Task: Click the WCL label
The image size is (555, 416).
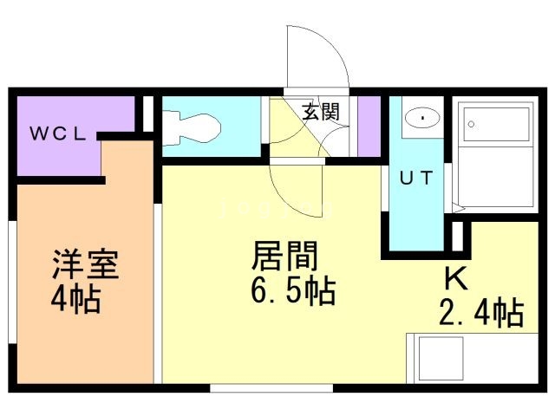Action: [58, 133]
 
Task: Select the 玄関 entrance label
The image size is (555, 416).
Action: [319, 111]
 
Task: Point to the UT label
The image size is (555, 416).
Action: [415, 177]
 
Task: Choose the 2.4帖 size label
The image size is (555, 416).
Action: [482, 312]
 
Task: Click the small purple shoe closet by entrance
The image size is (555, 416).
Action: [370, 127]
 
